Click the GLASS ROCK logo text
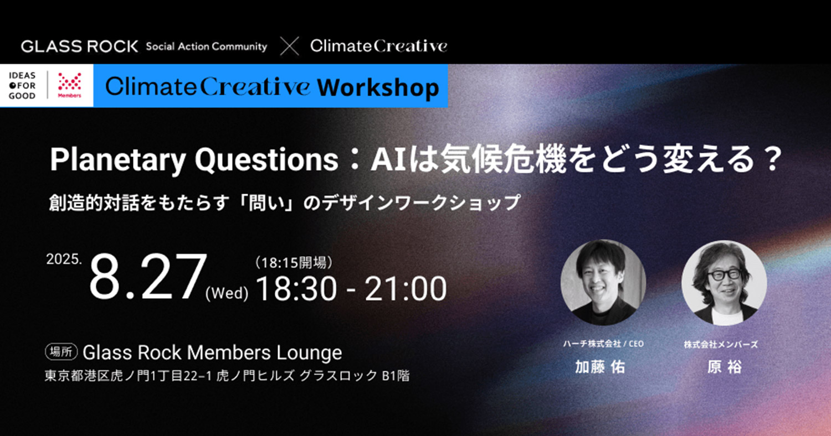[x=79, y=46]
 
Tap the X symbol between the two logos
[x=289, y=46]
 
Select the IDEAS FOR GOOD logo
[x=22, y=86]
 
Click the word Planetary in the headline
[x=118, y=160]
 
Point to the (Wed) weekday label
[x=227, y=293]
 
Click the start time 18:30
[x=296, y=289]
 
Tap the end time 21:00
[x=406, y=289]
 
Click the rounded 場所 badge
[x=61, y=352]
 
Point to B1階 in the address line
[x=396, y=376]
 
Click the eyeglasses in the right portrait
[x=724, y=275]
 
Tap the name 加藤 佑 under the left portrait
[x=600, y=367]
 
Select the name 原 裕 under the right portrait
[x=724, y=367]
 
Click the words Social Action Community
[x=207, y=46]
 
